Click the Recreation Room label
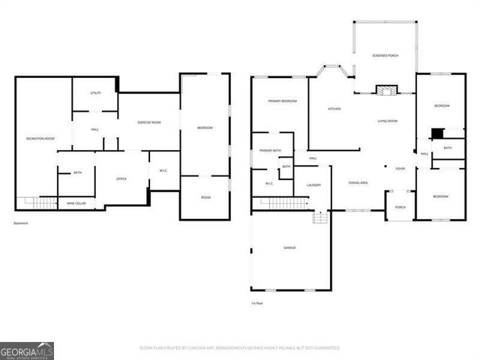[x=40, y=139]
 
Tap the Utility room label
[x=95, y=93]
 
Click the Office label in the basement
[x=121, y=178]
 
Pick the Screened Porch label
[x=385, y=56]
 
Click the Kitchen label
[x=334, y=109]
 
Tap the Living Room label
[x=387, y=121]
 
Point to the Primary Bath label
[x=270, y=151]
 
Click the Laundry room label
[x=313, y=185]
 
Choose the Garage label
[x=289, y=247]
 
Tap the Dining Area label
[x=358, y=182]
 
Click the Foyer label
[x=400, y=169]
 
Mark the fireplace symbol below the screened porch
[x=386, y=91]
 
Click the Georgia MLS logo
[x=27, y=350]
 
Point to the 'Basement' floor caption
[x=21, y=223]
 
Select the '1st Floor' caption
[x=257, y=303]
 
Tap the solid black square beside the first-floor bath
[x=436, y=133]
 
